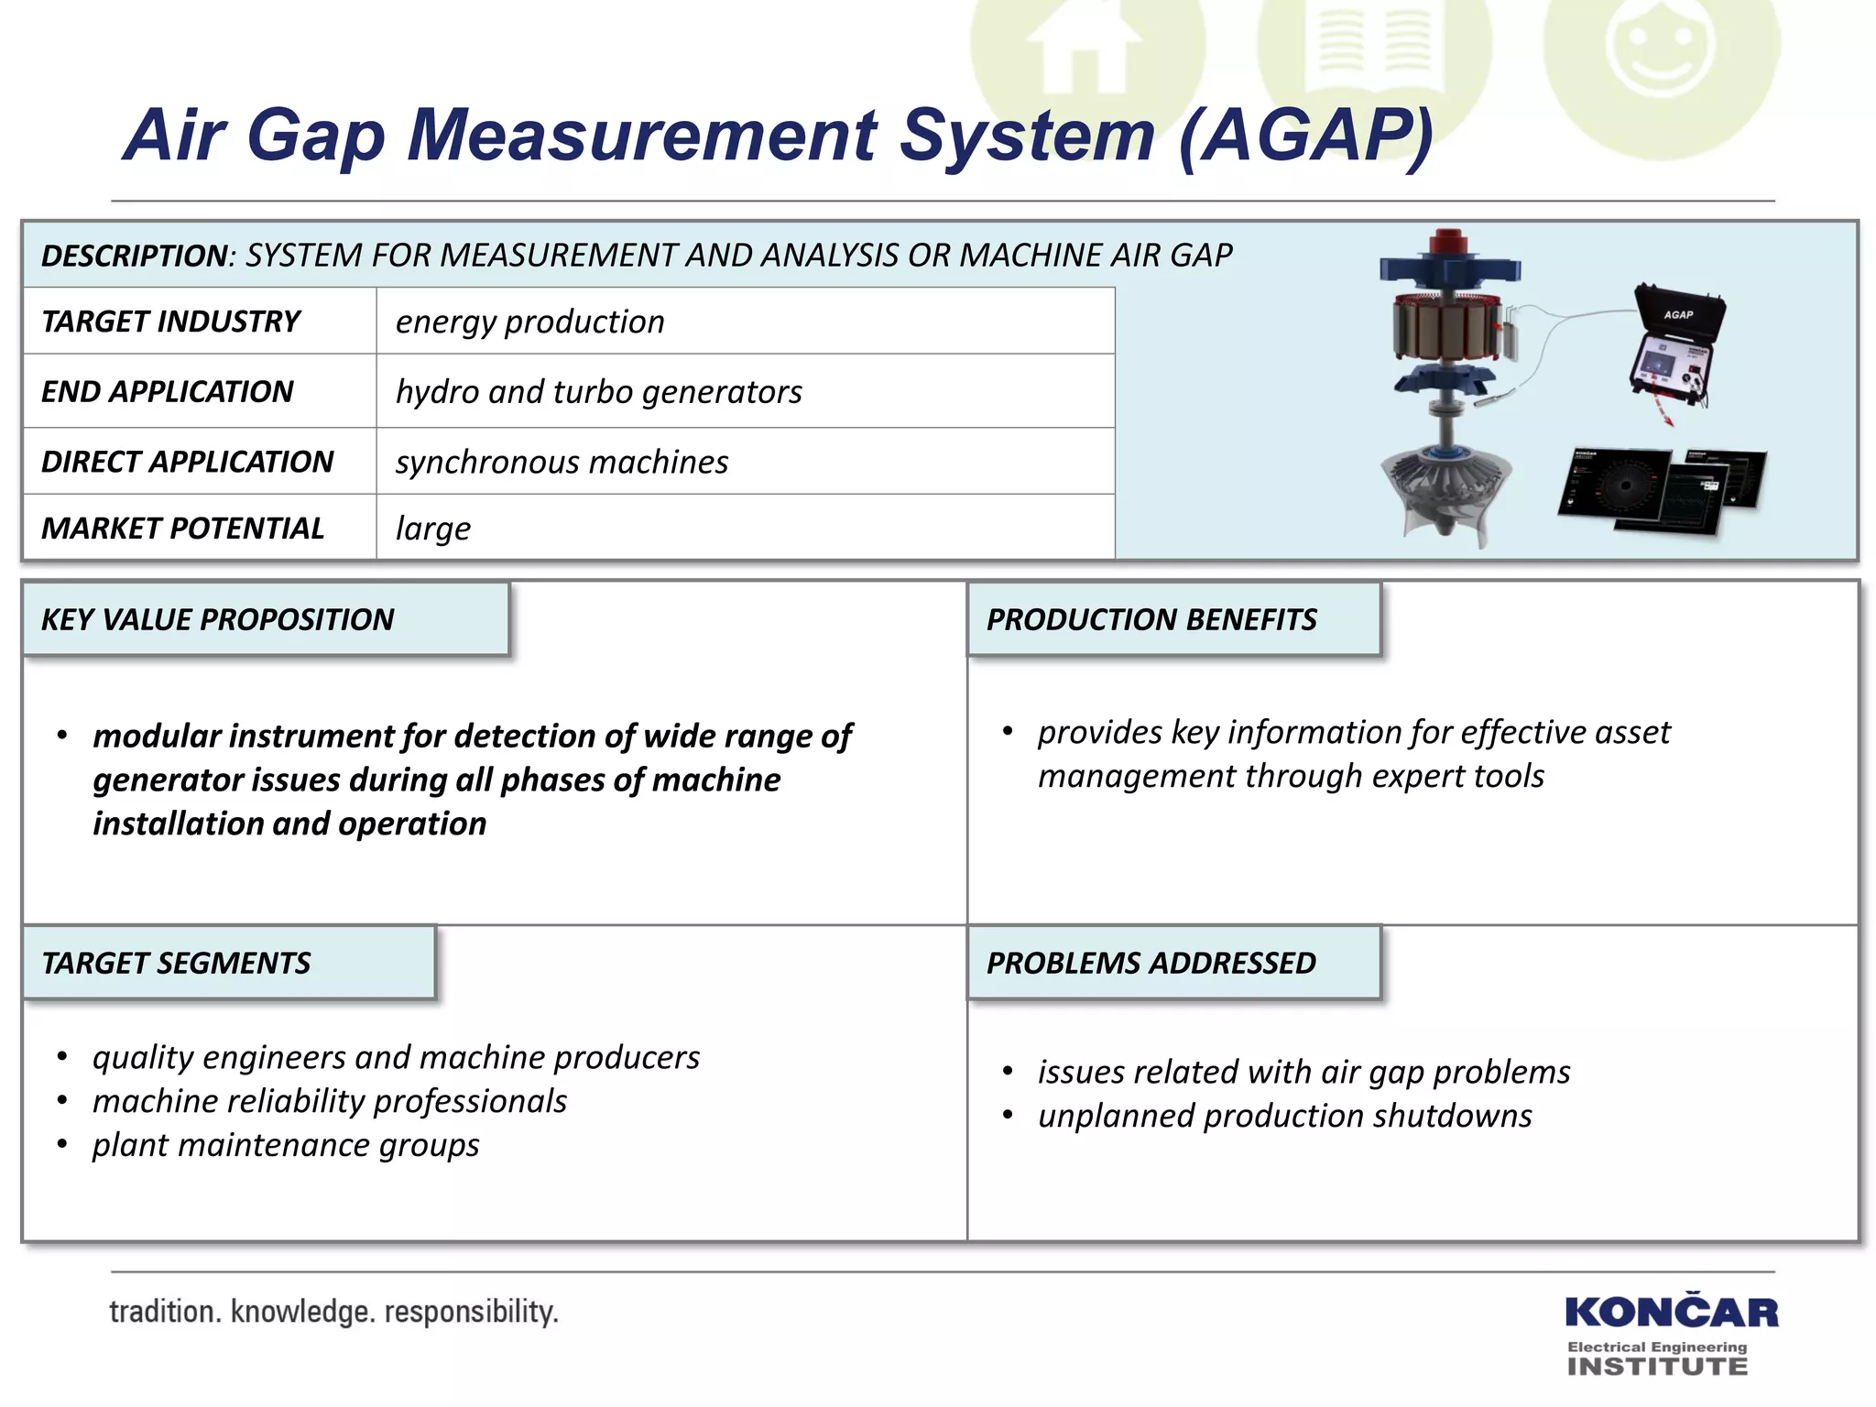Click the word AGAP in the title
[1305, 136]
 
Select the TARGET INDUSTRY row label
[170, 322]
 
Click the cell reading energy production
[529, 322]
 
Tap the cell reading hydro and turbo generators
[598, 392]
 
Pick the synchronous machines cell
[562, 462]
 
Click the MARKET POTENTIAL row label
[182, 529]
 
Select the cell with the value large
[433, 529]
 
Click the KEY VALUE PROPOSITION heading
[217, 620]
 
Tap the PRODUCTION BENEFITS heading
[1151, 620]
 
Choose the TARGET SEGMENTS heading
[176, 964]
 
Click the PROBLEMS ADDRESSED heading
[1151, 964]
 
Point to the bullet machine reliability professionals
[330, 1101]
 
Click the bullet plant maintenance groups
[286, 1145]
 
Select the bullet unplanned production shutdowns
[1284, 1116]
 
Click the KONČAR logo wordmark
[1672, 1313]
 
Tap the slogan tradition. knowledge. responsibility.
[333, 1312]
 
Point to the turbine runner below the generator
[1445, 495]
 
